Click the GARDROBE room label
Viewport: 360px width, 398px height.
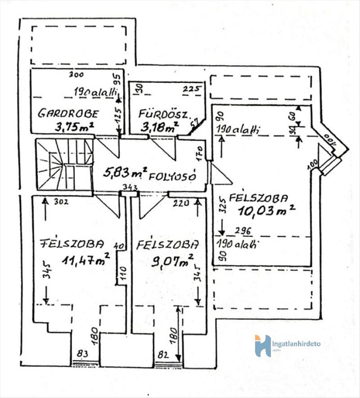pos(68,113)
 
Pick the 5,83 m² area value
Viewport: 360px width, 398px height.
pos(125,173)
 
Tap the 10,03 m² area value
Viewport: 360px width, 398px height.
pos(267,211)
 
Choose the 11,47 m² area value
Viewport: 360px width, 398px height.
pos(86,261)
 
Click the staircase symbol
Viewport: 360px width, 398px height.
pos(64,164)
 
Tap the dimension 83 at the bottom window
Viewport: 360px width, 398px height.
pos(83,353)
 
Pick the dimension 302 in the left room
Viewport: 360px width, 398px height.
pos(61,201)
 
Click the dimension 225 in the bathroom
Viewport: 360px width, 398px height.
pos(191,89)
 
